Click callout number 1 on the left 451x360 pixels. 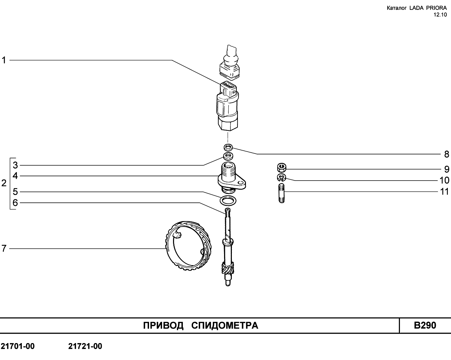(x=4, y=60)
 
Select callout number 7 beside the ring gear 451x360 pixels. (x=4, y=249)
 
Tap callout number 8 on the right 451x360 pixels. (x=447, y=154)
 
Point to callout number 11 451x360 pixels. (x=444, y=191)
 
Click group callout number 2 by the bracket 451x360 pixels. (x=4, y=183)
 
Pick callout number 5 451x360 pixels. (x=15, y=192)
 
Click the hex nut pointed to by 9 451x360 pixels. (x=282, y=167)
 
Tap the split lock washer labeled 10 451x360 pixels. (x=281, y=178)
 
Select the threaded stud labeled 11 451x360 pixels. (x=282, y=193)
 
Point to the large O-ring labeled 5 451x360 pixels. (x=228, y=201)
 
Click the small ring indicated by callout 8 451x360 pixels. (x=228, y=147)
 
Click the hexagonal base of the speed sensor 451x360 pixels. (x=228, y=124)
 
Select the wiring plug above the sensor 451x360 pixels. (x=230, y=62)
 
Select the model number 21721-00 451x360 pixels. (x=85, y=352)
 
